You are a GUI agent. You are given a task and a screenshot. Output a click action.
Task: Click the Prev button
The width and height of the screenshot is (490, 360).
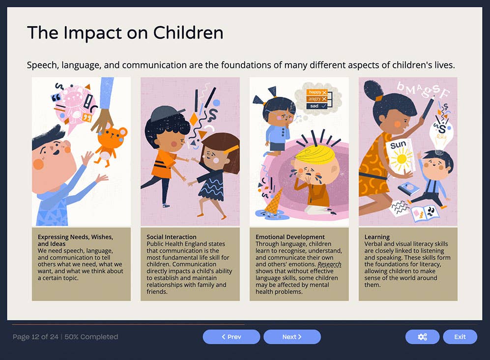pos(231,337)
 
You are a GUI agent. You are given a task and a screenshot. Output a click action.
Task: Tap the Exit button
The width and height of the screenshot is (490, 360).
pos(460,337)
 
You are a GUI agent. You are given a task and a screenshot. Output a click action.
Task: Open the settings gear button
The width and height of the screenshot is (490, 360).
pos(422,337)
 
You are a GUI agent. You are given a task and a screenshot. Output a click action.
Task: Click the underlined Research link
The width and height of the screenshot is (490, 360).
pos(329,264)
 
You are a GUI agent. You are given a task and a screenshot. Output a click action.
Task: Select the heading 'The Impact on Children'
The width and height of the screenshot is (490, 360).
pos(125,33)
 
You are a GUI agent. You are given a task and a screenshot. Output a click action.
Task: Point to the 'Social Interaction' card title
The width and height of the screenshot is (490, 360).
pos(172,237)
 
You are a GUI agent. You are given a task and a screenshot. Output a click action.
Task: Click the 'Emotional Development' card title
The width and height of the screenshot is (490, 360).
pos(290,237)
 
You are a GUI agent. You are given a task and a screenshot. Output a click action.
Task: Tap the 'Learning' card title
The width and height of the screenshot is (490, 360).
pos(377,237)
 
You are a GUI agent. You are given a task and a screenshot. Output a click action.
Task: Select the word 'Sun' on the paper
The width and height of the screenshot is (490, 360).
pos(398,146)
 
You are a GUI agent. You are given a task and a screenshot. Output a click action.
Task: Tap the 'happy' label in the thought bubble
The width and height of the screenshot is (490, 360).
pos(315,92)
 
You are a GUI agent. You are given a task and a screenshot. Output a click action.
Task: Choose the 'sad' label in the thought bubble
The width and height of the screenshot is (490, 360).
pos(315,106)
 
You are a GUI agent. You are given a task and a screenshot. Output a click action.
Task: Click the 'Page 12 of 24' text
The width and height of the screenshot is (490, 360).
pos(35,337)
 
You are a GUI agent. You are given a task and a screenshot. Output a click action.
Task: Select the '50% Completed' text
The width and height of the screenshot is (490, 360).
pos(91,337)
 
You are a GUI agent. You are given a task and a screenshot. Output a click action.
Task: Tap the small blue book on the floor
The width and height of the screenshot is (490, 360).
pos(408,188)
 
